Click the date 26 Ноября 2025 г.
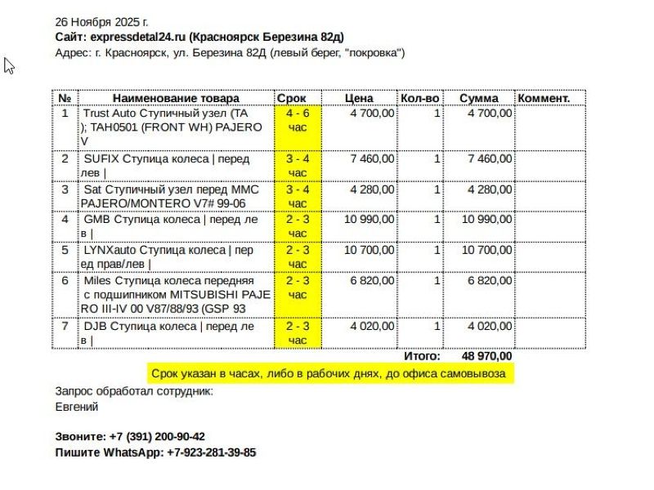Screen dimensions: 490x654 101,21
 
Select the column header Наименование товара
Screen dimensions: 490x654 170,98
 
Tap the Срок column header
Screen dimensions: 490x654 292,98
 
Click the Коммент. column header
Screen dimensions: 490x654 544,98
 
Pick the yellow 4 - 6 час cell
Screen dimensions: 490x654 298,120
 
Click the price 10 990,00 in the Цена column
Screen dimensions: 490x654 369,219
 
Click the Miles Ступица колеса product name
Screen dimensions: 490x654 175,294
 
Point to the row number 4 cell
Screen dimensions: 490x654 65,219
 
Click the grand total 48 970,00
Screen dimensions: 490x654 487,356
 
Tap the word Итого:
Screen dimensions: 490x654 422,356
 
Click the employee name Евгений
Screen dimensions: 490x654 77,407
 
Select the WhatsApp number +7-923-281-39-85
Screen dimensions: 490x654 211,452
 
